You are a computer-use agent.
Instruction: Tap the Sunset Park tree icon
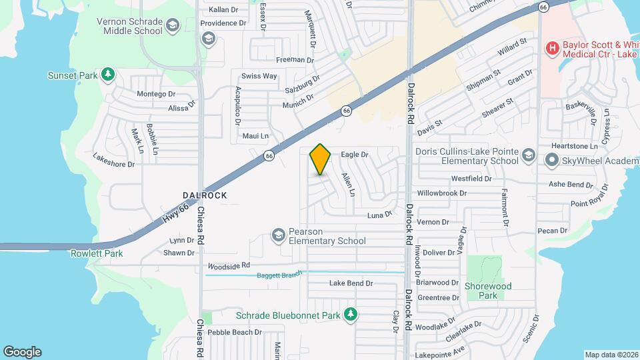click(x=108, y=75)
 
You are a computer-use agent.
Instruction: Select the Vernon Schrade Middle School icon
click(x=173, y=26)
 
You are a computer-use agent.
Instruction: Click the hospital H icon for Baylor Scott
click(x=551, y=48)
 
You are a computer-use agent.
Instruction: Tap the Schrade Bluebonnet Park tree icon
click(x=350, y=315)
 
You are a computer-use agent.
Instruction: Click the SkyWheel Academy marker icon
click(x=551, y=160)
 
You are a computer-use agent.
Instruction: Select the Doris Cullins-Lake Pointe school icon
click(x=528, y=156)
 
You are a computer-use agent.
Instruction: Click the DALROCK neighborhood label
click(x=205, y=195)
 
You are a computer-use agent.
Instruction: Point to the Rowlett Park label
click(x=97, y=253)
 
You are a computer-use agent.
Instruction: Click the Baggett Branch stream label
click(x=281, y=274)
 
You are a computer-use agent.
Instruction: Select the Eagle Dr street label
click(x=355, y=155)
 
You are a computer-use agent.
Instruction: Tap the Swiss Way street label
click(x=259, y=76)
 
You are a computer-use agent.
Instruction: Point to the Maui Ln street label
click(x=255, y=136)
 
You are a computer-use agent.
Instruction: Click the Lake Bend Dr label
click(x=351, y=283)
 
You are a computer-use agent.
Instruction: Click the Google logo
click(x=22, y=352)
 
